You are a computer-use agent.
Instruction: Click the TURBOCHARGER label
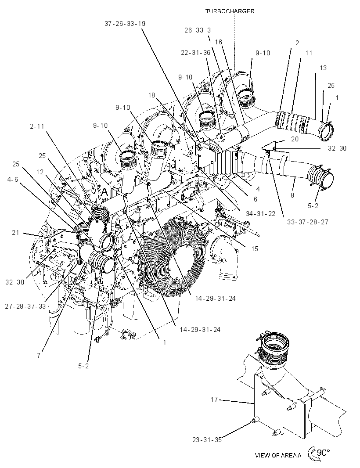[230, 11]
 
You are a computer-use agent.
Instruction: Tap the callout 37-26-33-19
[125, 24]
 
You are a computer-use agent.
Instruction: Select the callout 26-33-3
[198, 30]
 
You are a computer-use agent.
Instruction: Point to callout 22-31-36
[195, 53]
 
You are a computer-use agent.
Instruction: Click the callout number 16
[219, 42]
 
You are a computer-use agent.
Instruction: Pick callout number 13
[323, 68]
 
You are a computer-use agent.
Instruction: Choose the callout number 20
[295, 139]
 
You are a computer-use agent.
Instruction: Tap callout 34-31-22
[261, 214]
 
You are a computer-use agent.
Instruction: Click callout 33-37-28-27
[308, 222]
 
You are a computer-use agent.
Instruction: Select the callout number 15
[255, 248]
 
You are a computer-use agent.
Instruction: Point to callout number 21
[15, 233]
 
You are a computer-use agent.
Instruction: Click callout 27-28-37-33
[25, 306]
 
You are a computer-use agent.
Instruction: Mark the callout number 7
[39, 356]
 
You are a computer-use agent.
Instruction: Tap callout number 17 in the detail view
[214, 400]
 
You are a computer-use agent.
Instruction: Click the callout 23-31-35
[207, 439]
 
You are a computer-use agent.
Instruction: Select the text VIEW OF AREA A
[278, 455]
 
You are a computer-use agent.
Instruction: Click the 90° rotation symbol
[319, 453]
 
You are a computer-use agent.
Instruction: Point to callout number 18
[151, 95]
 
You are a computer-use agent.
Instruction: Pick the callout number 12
[40, 172]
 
